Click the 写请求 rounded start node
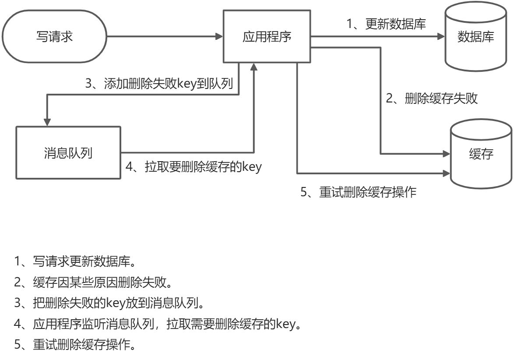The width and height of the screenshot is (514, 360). click(54, 37)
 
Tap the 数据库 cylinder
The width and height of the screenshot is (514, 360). click(475, 38)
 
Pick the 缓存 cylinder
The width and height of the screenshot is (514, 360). click(481, 154)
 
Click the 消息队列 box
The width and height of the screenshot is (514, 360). click(68, 153)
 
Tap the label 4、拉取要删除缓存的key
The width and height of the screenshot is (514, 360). click(193, 167)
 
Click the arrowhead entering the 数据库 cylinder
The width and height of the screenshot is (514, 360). click(441, 37)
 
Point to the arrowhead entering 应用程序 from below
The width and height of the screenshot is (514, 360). click(253, 67)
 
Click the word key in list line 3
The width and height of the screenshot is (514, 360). click(124, 303)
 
